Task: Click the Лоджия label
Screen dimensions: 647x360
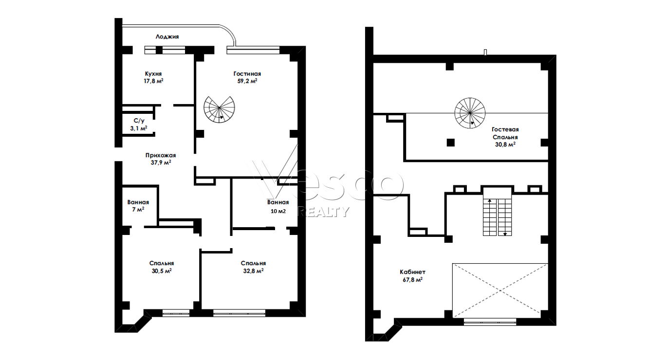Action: pyautogui.click(x=167, y=36)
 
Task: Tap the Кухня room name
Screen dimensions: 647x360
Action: pyautogui.click(x=153, y=73)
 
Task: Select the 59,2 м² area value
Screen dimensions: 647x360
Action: pyautogui.click(x=247, y=81)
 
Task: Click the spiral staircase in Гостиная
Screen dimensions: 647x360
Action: pyautogui.click(x=219, y=109)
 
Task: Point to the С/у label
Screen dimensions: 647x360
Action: pyautogui.click(x=139, y=121)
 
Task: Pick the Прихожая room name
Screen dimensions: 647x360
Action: pyautogui.click(x=161, y=155)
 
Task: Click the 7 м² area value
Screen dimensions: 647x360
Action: pyautogui.click(x=138, y=209)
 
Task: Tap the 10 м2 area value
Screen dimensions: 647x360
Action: pyautogui.click(x=278, y=211)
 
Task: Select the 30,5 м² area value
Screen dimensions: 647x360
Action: pyautogui.click(x=162, y=271)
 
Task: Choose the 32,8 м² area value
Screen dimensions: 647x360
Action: pyautogui.click(x=253, y=271)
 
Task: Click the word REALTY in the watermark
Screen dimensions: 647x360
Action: pyautogui.click(x=323, y=212)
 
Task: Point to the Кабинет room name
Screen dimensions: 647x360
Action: pyautogui.click(x=412, y=272)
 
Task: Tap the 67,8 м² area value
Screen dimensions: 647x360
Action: pyautogui.click(x=413, y=279)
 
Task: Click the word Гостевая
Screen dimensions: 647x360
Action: pyautogui.click(x=505, y=129)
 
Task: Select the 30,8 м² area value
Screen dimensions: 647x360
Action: pyautogui.click(x=505, y=144)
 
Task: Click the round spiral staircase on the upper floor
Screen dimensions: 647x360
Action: pyautogui.click(x=470, y=113)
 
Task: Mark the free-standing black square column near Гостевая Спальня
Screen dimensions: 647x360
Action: pyautogui.click(x=451, y=143)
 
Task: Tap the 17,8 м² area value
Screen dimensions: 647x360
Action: pyautogui.click(x=154, y=81)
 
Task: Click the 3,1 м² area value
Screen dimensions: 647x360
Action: pyautogui.click(x=139, y=128)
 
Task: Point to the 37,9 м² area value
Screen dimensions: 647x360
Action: pyautogui.click(x=161, y=162)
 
